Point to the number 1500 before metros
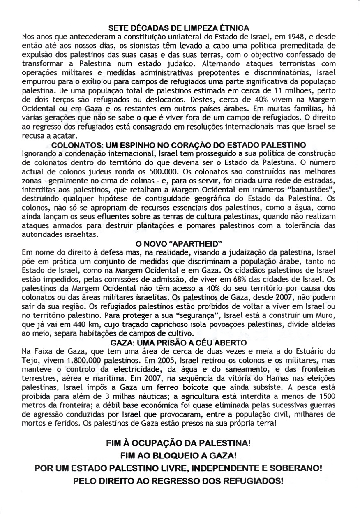[327, 396]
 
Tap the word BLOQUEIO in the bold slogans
[173, 456]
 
